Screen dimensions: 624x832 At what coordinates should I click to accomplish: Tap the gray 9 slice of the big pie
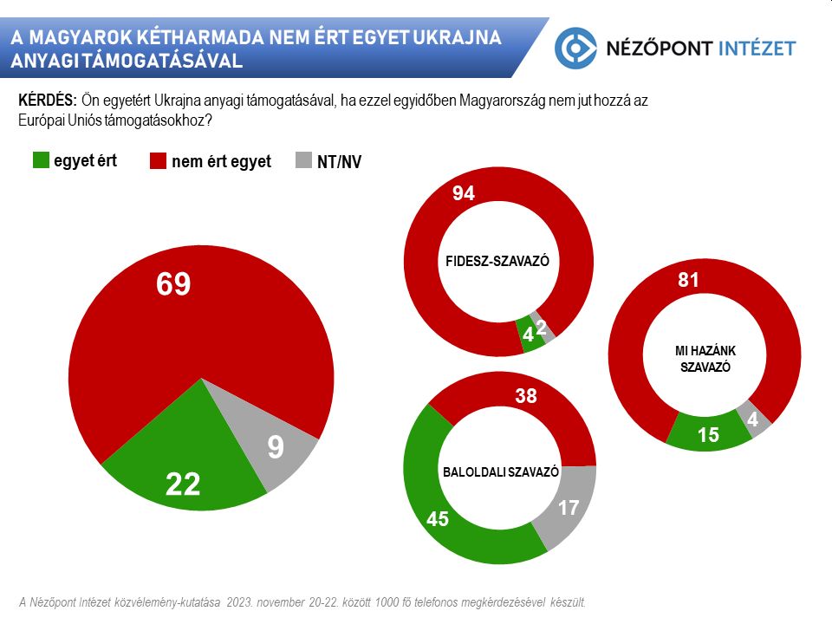coord(276,446)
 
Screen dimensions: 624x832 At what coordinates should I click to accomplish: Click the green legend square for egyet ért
coord(41,160)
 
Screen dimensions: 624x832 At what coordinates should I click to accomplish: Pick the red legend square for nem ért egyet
coord(159,161)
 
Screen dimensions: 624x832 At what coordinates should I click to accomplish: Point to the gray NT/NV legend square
coord(303,161)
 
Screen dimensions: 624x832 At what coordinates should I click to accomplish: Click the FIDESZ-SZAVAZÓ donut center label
coord(498,260)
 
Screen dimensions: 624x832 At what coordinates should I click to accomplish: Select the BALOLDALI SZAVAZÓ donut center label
coord(501,472)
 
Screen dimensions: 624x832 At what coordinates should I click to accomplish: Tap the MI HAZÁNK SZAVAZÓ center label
coord(705,358)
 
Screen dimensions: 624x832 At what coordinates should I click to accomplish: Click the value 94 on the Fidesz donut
coord(464,194)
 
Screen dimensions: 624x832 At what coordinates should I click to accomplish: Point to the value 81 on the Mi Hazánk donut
coord(688,280)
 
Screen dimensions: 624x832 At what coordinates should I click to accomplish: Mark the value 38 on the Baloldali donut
coord(526,398)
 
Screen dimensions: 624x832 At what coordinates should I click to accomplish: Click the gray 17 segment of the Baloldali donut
coord(569,507)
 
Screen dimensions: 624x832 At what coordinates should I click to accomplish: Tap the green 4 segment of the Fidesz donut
coord(528,335)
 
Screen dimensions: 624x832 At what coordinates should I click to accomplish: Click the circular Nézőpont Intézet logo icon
coord(576,48)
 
